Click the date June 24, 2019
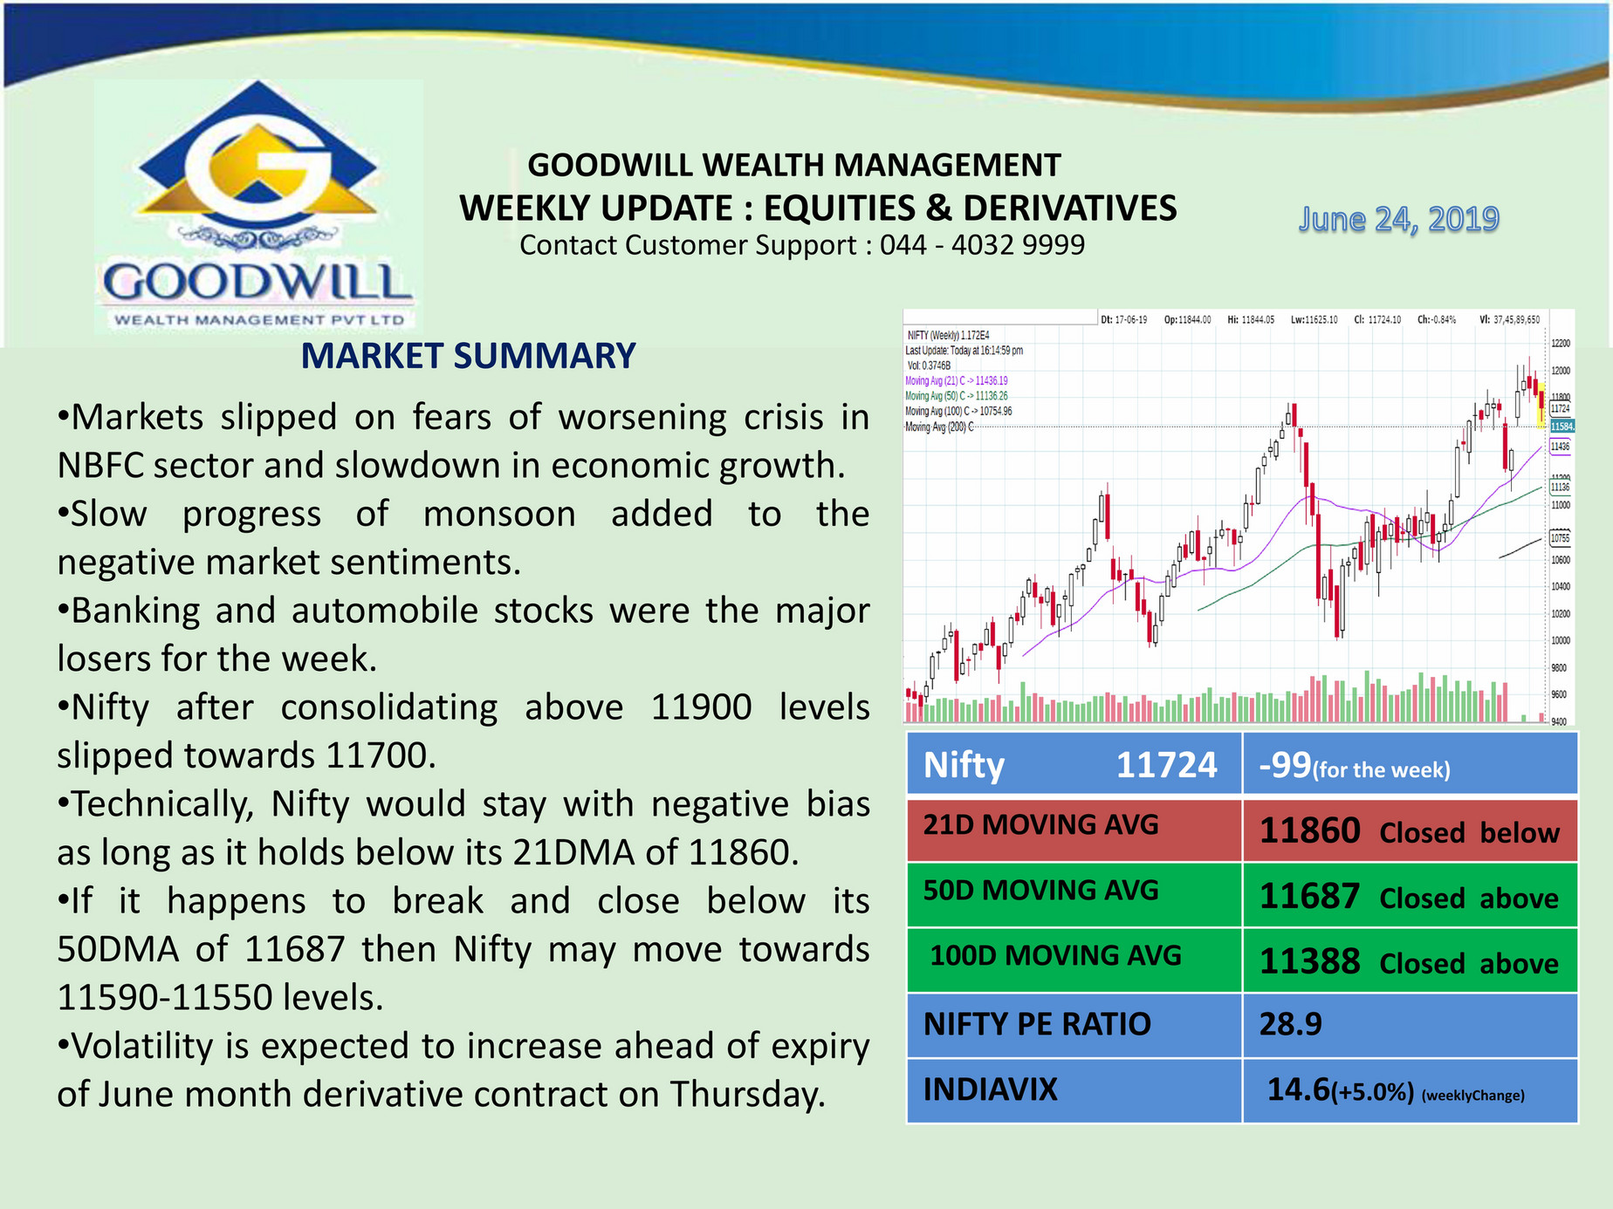coord(1398,219)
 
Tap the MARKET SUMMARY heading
coord(468,356)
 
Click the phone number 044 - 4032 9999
coord(982,245)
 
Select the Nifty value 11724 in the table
coord(1166,765)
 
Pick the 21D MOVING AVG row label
coord(1040,824)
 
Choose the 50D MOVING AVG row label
coord(1040,890)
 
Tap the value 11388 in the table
coord(1309,962)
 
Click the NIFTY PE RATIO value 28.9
coord(1290,1024)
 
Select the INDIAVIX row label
coord(990,1089)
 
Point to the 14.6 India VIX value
coord(1298,1089)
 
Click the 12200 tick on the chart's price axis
coord(1560,344)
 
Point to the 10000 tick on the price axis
coord(1560,640)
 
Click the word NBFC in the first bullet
coord(100,466)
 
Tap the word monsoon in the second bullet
coord(499,514)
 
